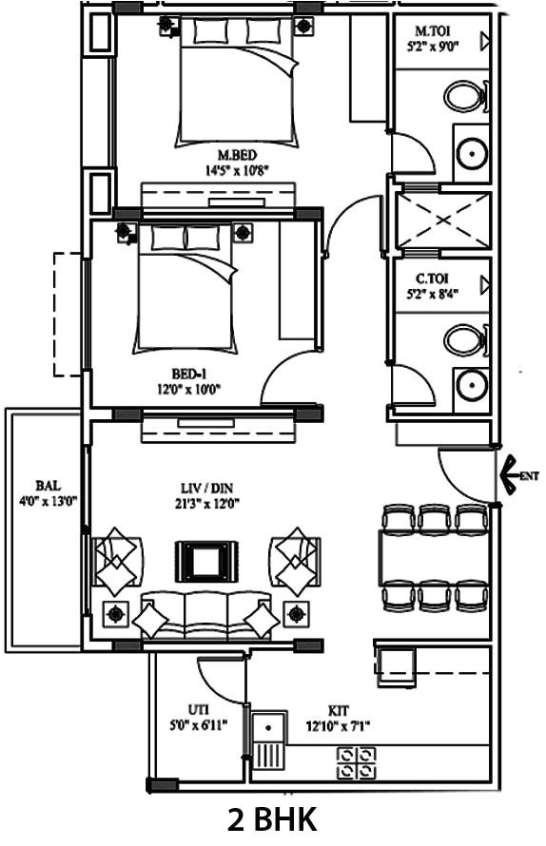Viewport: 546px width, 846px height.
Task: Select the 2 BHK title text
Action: click(x=272, y=818)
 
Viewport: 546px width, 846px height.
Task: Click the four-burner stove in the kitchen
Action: click(x=355, y=761)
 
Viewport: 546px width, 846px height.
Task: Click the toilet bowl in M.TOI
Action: click(x=464, y=96)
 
